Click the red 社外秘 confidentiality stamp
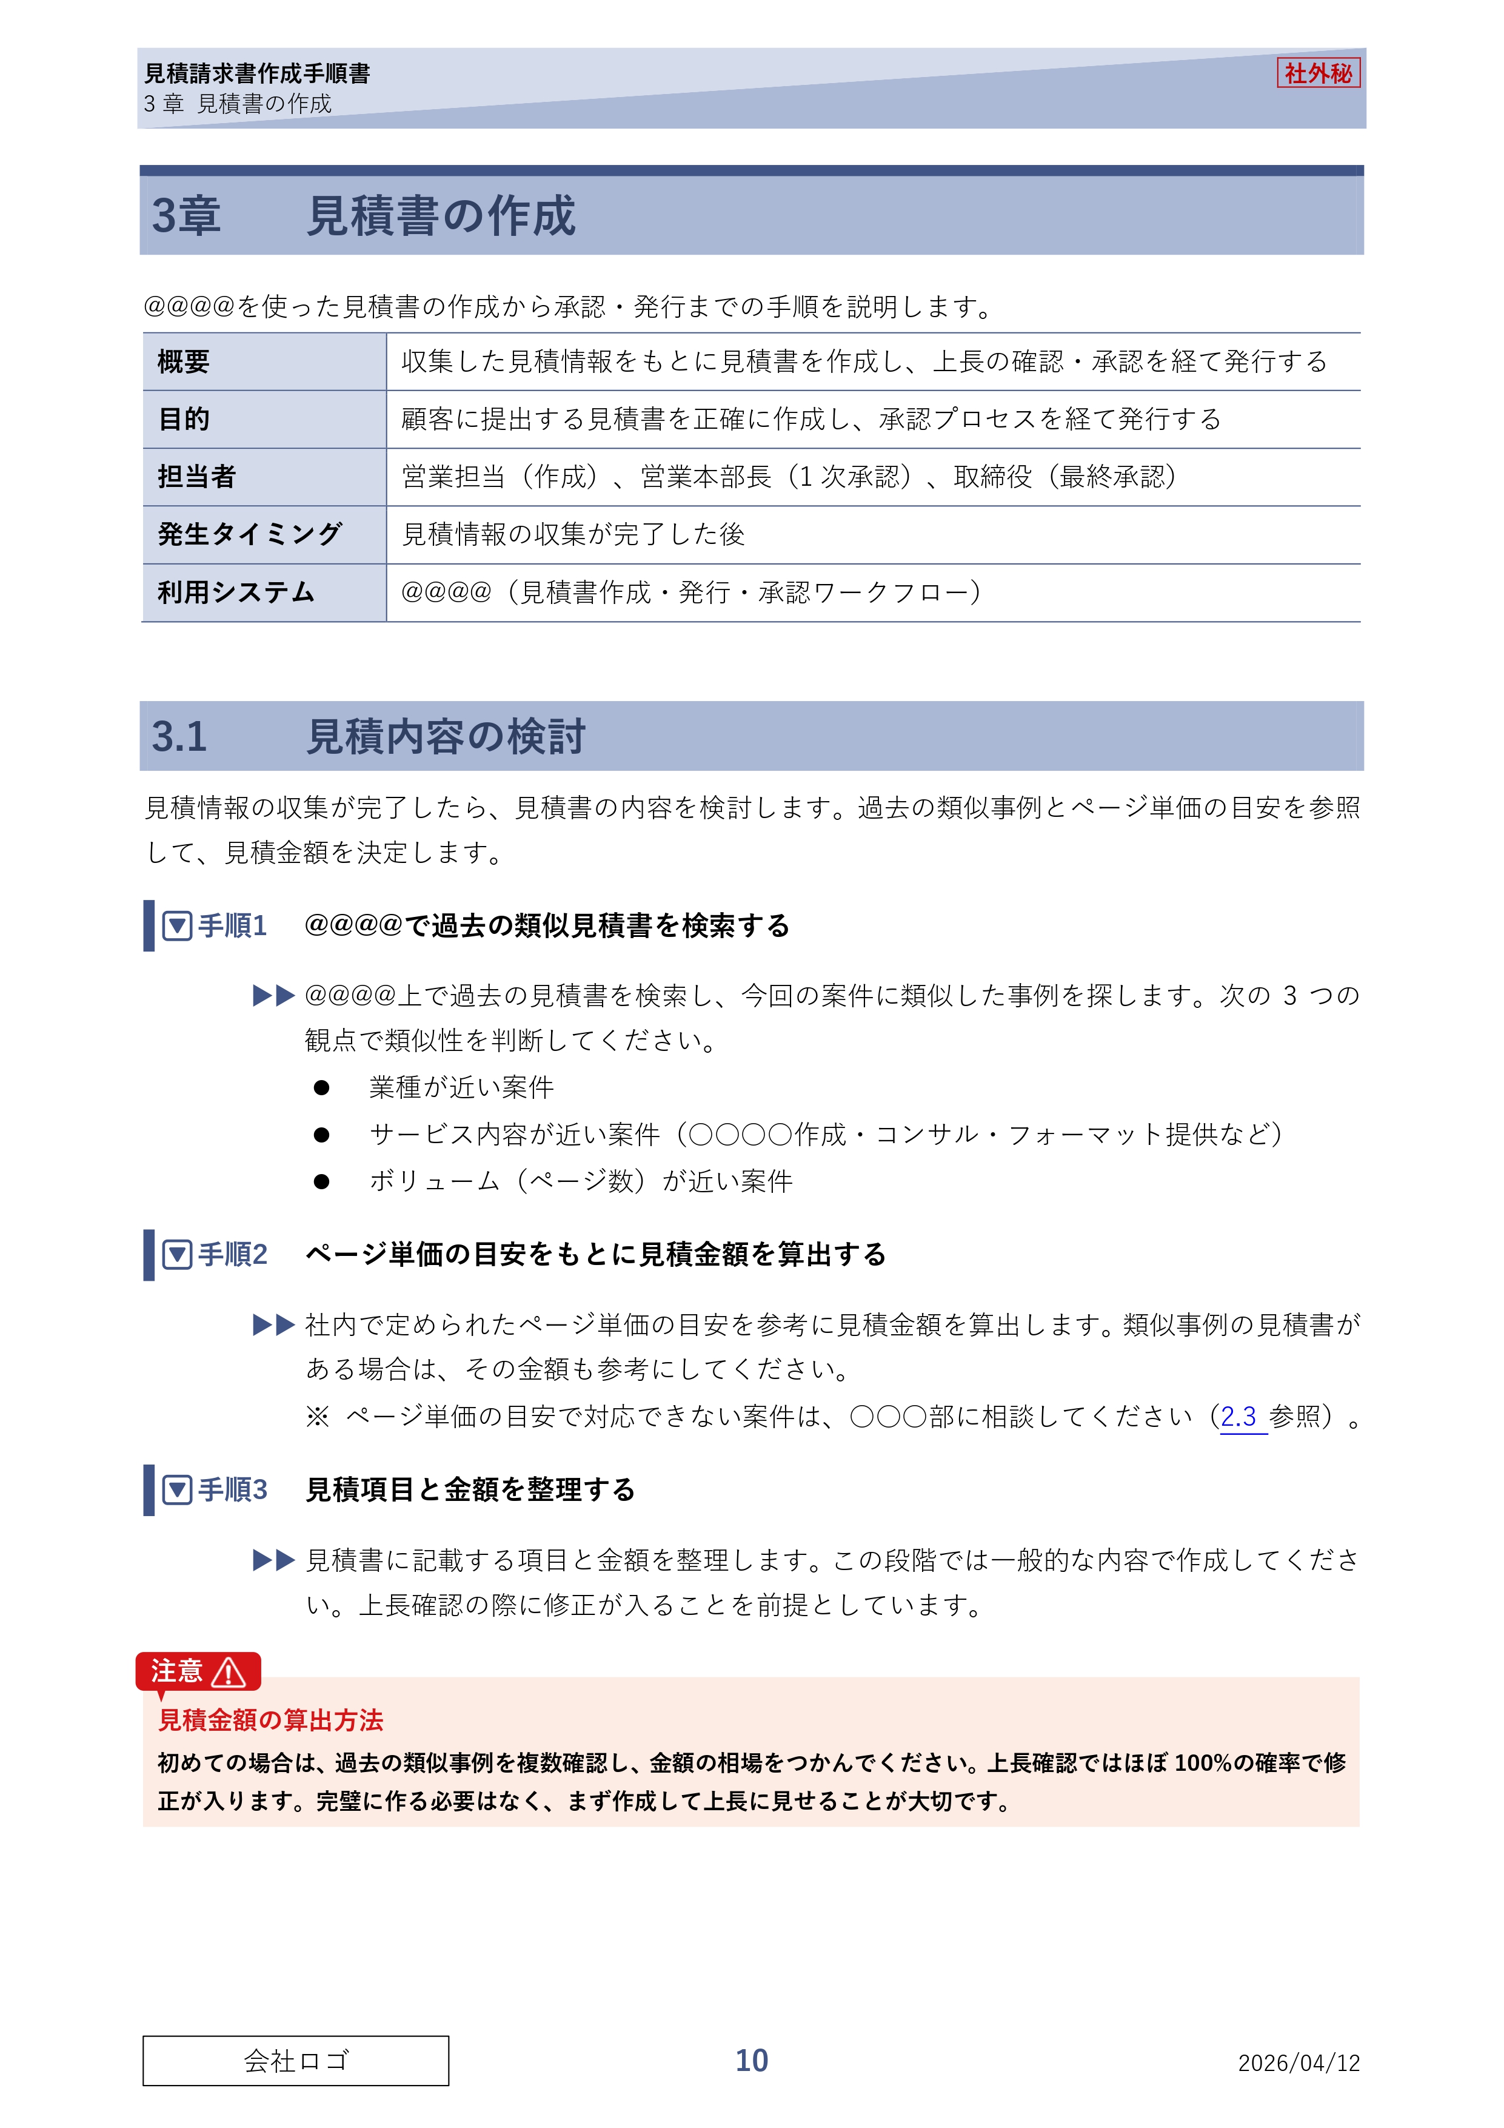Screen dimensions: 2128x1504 click(x=1318, y=73)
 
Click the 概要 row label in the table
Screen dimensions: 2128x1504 click(x=184, y=361)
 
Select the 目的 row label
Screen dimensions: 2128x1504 click(x=184, y=419)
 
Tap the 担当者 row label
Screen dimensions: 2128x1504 click(x=196, y=477)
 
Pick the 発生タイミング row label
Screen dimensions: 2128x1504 click(x=249, y=534)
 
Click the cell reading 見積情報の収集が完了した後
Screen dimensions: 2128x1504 click(x=573, y=534)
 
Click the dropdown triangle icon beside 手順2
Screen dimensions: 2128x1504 click(x=177, y=1255)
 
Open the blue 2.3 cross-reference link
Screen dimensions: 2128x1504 click(x=1238, y=1416)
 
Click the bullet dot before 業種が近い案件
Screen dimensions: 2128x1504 click(x=321, y=1087)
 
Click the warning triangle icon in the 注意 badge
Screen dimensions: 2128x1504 click(x=228, y=1672)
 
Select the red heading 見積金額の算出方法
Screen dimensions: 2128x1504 click(x=270, y=1720)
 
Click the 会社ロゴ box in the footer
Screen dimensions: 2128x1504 click(x=296, y=2060)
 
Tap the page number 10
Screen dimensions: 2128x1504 click(x=752, y=2060)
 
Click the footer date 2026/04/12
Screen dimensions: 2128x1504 click(x=1298, y=2062)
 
